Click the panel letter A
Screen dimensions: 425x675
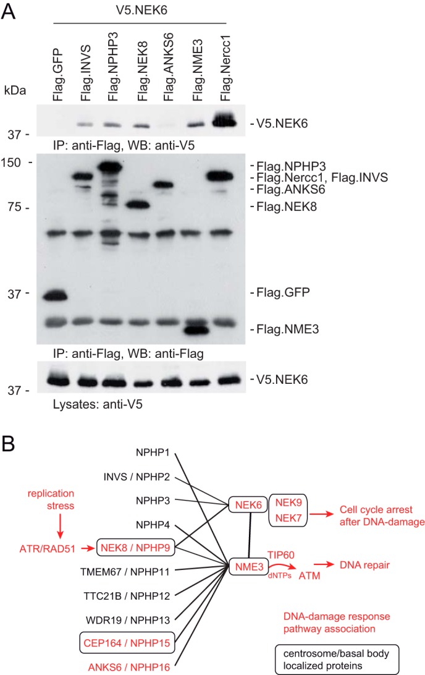pyautogui.click(x=9, y=12)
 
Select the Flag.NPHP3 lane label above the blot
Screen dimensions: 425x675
pyautogui.click(x=112, y=66)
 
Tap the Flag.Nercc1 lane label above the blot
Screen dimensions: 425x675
pyautogui.click(x=225, y=68)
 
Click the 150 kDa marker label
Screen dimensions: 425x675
pyautogui.click(x=11, y=163)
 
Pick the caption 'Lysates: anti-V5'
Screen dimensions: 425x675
pyautogui.click(x=98, y=404)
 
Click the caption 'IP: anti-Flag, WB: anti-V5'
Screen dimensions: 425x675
pyautogui.click(x=124, y=145)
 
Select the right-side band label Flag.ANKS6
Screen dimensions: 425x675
pyautogui.click(x=291, y=189)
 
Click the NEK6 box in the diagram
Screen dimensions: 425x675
pyautogui.click(x=248, y=504)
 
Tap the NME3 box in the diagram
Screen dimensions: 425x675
pyautogui.click(x=249, y=567)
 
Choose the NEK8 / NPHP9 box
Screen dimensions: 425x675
pyautogui.click(x=135, y=548)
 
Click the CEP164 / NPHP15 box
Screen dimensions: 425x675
pyautogui.click(x=127, y=643)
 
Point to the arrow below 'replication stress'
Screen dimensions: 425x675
pyautogui.click(x=60, y=525)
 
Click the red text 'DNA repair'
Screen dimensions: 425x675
pyautogui.click(x=365, y=565)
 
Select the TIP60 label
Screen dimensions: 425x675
pyautogui.click(x=281, y=555)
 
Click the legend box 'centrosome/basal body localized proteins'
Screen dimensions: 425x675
pyautogui.click(x=337, y=659)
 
